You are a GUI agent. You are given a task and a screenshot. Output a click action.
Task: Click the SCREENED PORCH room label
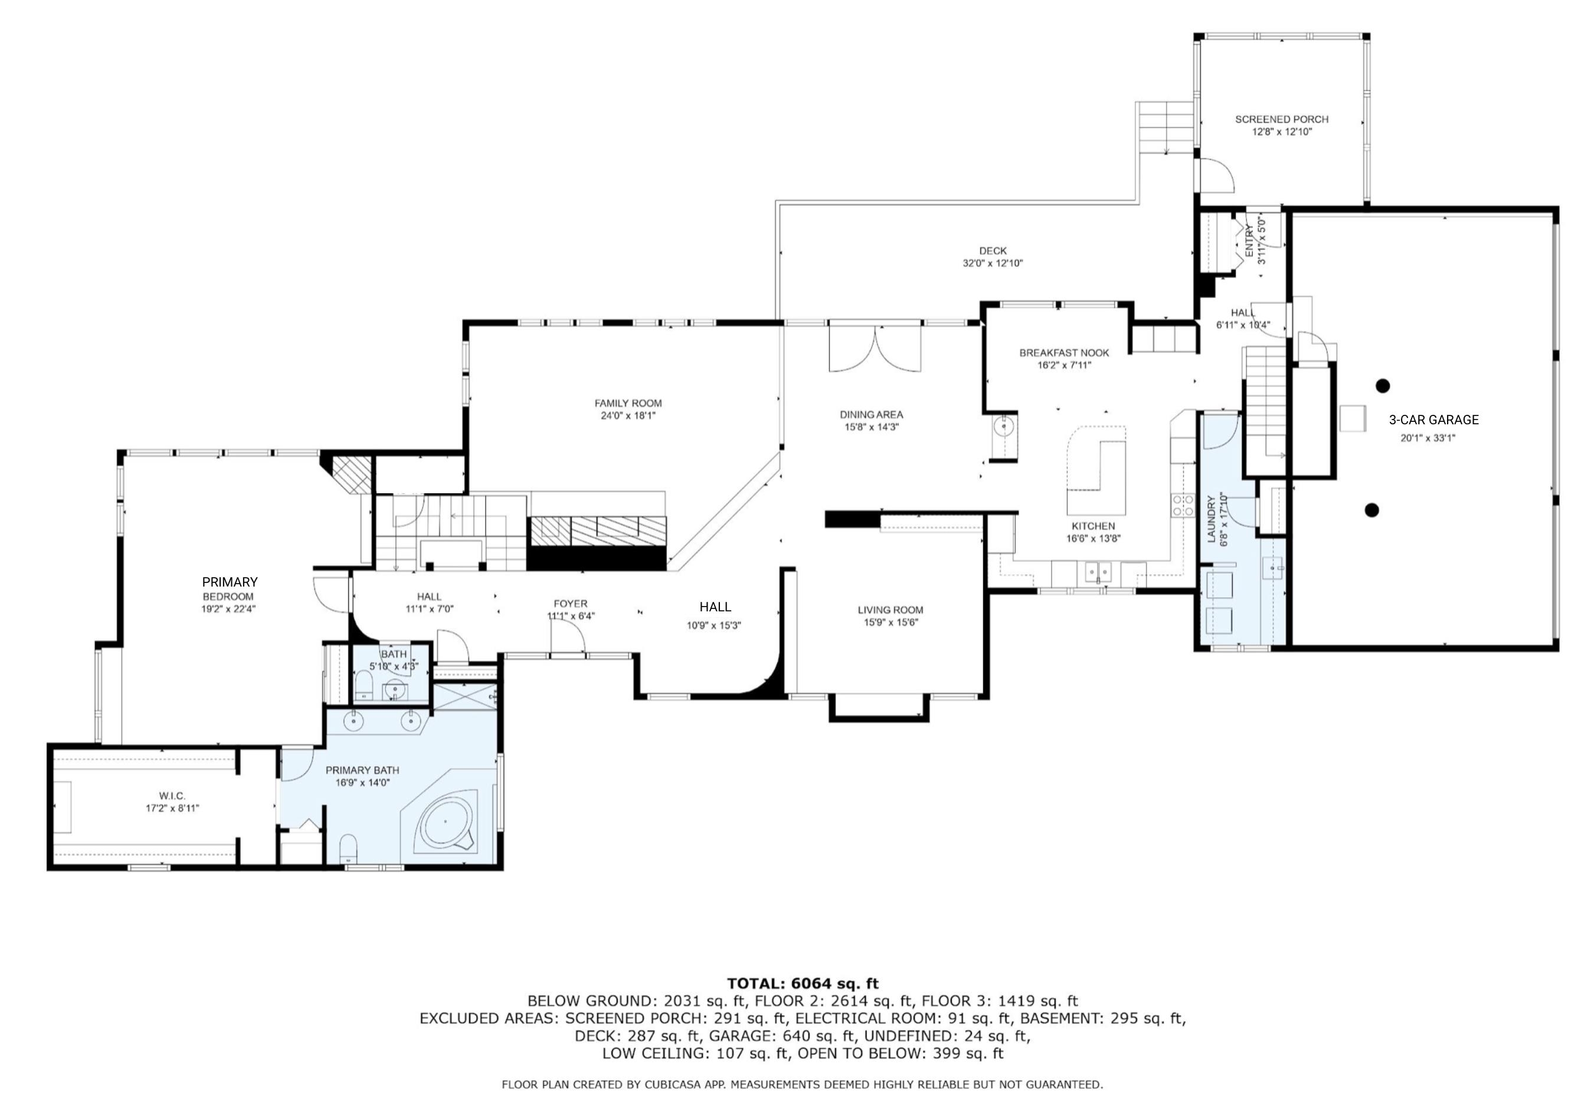[x=1281, y=119]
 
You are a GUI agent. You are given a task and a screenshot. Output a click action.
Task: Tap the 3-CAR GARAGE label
[x=1433, y=420]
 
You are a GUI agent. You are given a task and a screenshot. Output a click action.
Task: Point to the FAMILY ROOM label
[x=628, y=404]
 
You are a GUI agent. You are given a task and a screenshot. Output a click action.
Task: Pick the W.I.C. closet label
[x=172, y=795]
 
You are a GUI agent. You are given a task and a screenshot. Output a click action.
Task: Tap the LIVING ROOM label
[x=891, y=610]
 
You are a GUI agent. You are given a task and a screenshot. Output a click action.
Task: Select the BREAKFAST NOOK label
[x=1065, y=353]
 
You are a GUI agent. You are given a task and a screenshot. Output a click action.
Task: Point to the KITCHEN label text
[x=1093, y=526]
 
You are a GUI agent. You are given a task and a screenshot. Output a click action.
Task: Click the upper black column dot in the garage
[x=1383, y=385]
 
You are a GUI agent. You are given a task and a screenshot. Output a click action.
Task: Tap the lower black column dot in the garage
[x=1371, y=510]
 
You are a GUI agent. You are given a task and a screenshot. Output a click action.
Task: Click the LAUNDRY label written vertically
[x=1212, y=519]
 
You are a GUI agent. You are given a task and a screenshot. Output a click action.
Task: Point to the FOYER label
[x=570, y=604]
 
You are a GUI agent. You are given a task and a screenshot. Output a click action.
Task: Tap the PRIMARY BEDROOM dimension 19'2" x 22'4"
[x=228, y=609]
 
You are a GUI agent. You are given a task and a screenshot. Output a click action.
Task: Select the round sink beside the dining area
[x=1003, y=427]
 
